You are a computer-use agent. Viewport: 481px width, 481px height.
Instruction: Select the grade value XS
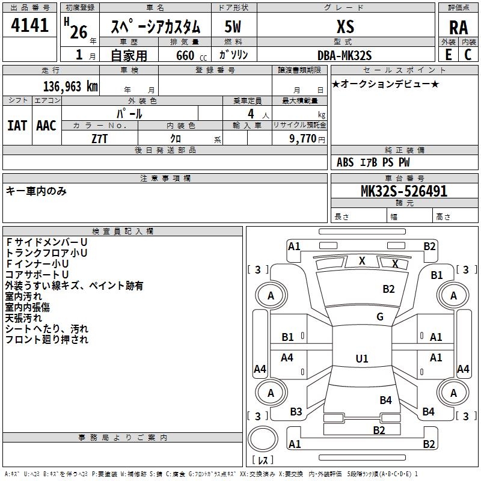(x=345, y=26)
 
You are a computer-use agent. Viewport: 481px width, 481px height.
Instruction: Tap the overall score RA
(x=458, y=27)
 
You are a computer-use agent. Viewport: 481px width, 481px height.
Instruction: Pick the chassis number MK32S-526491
(x=403, y=191)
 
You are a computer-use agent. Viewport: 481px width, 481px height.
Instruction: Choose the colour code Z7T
(x=100, y=138)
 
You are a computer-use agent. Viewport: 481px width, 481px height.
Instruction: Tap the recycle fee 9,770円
(x=307, y=138)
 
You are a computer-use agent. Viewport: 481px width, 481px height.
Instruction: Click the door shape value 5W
(x=233, y=26)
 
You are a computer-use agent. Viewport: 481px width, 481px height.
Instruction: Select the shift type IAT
(x=17, y=126)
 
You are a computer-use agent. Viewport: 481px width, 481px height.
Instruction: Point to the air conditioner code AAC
(x=46, y=126)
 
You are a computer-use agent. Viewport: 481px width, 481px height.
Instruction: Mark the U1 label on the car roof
(x=361, y=359)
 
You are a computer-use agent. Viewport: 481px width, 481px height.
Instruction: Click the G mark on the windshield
(x=379, y=317)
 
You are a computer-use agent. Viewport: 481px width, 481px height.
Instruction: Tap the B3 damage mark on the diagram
(x=296, y=411)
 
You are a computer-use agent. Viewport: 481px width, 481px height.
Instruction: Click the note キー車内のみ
(x=36, y=191)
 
